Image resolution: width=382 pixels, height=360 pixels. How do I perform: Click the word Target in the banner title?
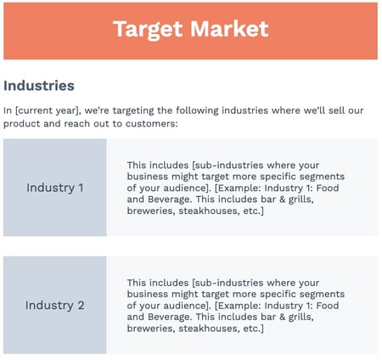coord(148,30)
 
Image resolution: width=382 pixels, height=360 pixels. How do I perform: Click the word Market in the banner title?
coord(229,29)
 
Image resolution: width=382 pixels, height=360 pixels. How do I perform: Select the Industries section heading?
coord(39,86)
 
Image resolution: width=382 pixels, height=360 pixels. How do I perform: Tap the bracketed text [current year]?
coord(47,110)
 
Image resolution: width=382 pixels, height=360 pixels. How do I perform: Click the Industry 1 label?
coord(55,188)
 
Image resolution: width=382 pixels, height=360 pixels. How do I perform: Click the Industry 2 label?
coord(55,306)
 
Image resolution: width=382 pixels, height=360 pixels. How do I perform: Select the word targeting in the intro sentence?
coord(133,110)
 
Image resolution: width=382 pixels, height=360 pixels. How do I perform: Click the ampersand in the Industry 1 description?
coord(282,200)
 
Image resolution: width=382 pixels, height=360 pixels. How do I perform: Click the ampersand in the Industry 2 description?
coord(282,317)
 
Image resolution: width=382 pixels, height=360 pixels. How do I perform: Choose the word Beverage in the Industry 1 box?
coord(170,200)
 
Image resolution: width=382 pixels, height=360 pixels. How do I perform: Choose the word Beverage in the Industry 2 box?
coord(170,317)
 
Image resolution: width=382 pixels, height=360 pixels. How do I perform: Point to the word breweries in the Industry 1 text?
coord(151,211)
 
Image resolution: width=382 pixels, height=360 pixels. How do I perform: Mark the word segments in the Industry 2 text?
coord(322,295)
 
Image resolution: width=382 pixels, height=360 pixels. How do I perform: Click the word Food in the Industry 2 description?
coord(328,306)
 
